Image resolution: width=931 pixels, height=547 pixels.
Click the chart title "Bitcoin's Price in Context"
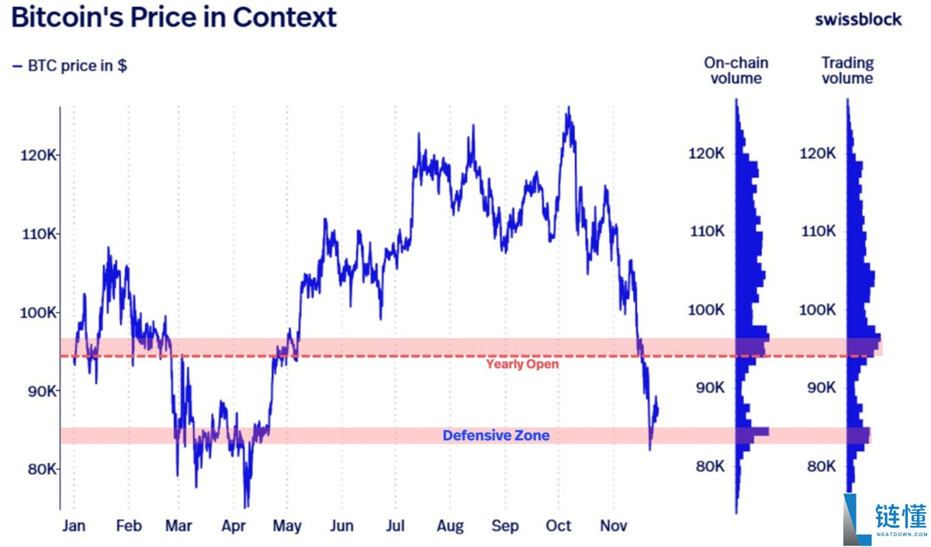[175, 17]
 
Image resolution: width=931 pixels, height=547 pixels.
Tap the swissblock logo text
[858, 19]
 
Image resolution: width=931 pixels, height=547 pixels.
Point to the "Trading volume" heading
[847, 70]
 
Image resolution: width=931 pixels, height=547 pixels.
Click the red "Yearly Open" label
[521, 364]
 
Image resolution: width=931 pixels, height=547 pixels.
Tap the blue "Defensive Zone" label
[496, 436]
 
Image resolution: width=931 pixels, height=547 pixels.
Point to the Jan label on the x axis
[74, 525]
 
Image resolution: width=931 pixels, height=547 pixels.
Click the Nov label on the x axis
[613, 525]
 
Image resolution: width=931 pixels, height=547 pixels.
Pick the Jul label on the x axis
[396, 525]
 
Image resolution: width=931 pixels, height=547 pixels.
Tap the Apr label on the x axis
[233, 525]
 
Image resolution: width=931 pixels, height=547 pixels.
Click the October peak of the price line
[569, 108]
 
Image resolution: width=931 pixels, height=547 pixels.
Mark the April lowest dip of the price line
[247, 505]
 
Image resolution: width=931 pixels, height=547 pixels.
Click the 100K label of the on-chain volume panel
[706, 310]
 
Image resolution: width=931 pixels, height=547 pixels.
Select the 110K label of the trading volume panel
[818, 232]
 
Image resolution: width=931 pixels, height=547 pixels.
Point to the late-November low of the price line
[650, 448]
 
